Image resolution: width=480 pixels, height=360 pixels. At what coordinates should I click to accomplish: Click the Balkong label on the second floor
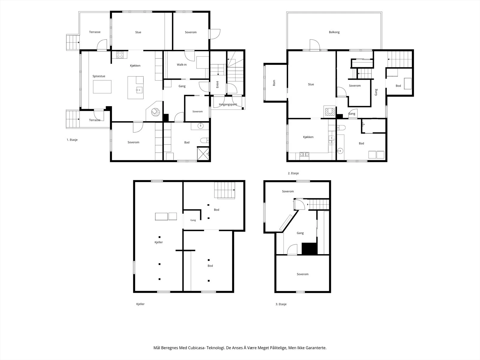pos(334,32)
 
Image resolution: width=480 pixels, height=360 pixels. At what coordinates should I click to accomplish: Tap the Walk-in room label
pos(182,65)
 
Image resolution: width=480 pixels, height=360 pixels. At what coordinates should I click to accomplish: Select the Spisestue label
pos(99,76)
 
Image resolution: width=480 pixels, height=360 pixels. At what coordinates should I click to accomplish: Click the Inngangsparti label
pos(228,104)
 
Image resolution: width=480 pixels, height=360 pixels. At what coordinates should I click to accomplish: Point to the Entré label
pos(217,85)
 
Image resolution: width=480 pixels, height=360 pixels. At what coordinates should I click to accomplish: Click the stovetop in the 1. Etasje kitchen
pos(120,55)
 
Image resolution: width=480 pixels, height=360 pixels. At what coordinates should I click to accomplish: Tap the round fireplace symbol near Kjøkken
pos(155,112)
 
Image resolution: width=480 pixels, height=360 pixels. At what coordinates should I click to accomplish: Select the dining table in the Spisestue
pos(102,87)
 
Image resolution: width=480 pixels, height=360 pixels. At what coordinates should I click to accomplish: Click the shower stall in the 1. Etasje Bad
pos(203,154)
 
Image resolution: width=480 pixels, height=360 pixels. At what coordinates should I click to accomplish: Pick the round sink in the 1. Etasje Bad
pos(200,126)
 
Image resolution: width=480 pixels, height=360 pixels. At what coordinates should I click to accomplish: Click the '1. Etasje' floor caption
pos(72,140)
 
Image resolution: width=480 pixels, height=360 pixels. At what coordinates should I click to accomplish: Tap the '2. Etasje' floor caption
pos(293,173)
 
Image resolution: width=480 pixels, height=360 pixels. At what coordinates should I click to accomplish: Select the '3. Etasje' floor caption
pos(281,304)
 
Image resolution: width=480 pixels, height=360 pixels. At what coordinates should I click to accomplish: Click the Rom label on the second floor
pos(274,83)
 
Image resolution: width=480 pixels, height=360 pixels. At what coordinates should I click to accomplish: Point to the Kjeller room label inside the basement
pos(158,242)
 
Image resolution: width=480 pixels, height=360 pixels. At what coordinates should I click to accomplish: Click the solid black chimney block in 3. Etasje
pos(309,248)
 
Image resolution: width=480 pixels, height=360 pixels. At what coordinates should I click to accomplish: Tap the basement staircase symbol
pos(225,190)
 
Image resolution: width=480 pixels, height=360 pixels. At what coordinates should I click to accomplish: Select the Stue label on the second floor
pos(311,84)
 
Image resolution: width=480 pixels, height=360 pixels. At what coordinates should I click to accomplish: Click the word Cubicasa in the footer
pos(196,348)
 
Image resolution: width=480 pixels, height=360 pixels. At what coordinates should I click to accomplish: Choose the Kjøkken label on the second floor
pos(308,137)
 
